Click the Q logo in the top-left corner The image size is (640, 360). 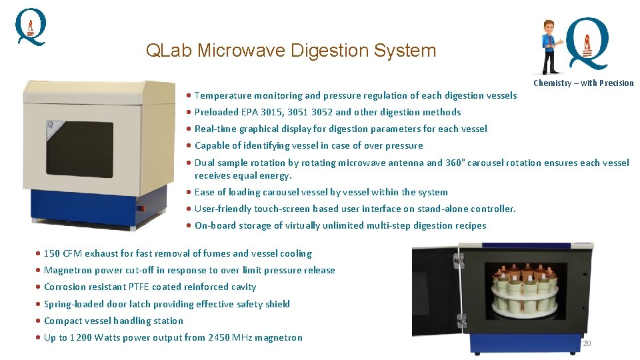coord(31,27)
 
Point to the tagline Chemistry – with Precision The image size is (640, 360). coord(583,83)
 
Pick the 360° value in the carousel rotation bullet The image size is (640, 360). coord(456,163)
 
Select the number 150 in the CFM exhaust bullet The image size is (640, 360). coord(52,253)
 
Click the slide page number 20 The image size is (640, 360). coord(587,343)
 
